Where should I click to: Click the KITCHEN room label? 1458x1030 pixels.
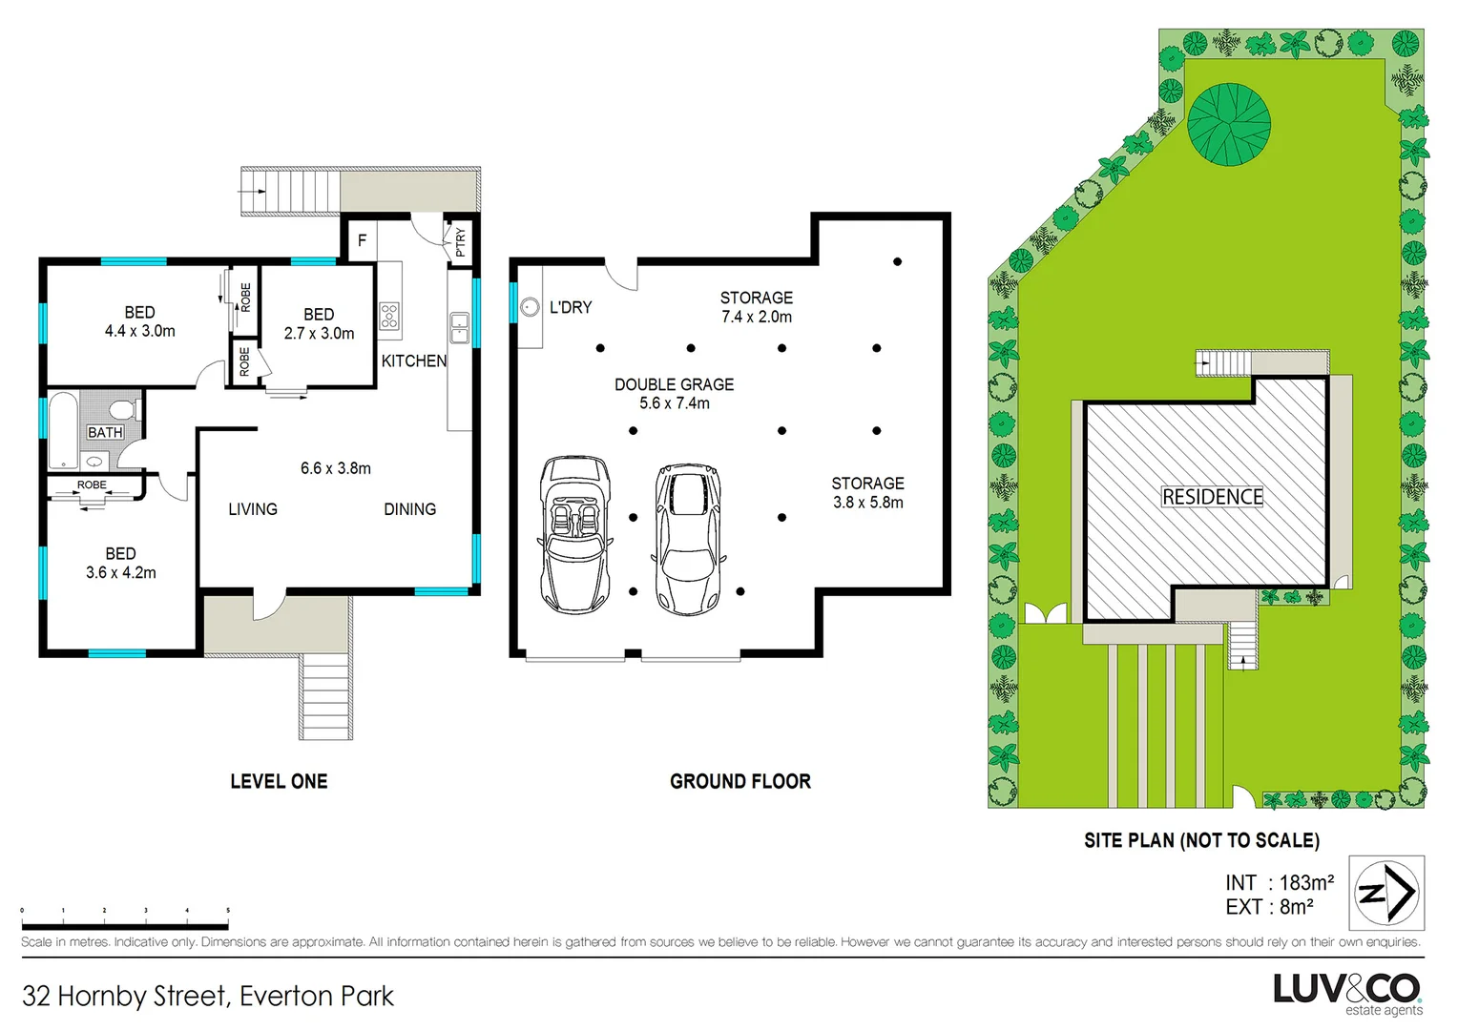(x=413, y=361)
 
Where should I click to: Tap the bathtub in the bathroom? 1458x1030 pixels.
(x=63, y=432)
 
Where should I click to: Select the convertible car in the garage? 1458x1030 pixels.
(x=575, y=533)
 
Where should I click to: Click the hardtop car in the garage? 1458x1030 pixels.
(x=688, y=539)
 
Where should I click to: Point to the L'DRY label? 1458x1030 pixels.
(x=571, y=307)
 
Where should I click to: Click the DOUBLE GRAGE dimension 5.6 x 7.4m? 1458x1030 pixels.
(x=674, y=403)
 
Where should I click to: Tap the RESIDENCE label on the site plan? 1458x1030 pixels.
(x=1212, y=497)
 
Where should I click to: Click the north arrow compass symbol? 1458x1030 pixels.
(x=1386, y=893)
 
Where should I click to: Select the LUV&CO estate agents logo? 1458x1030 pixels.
(x=1347, y=993)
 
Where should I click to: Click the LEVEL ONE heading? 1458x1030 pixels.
(x=279, y=782)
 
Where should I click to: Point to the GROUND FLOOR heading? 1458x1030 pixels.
(x=739, y=782)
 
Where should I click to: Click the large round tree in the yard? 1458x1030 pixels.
(x=1228, y=124)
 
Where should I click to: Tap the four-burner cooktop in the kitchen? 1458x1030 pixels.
(x=389, y=316)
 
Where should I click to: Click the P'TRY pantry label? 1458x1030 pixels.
(x=461, y=242)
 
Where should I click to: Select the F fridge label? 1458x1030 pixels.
(x=362, y=240)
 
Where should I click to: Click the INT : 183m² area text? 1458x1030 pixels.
(x=1279, y=883)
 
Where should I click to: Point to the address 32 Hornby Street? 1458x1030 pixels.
(x=207, y=997)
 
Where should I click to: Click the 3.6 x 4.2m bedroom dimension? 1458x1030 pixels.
(x=120, y=573)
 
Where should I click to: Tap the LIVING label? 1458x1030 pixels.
(x=253, y=509)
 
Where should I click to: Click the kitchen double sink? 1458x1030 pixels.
(x=459, y=327)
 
